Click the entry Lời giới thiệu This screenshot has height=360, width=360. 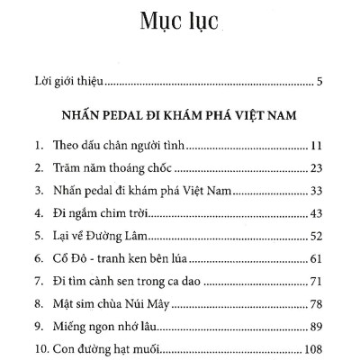(x=61, y=85)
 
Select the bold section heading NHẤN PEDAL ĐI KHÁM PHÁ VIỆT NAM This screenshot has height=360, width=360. (x=180, y=116)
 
